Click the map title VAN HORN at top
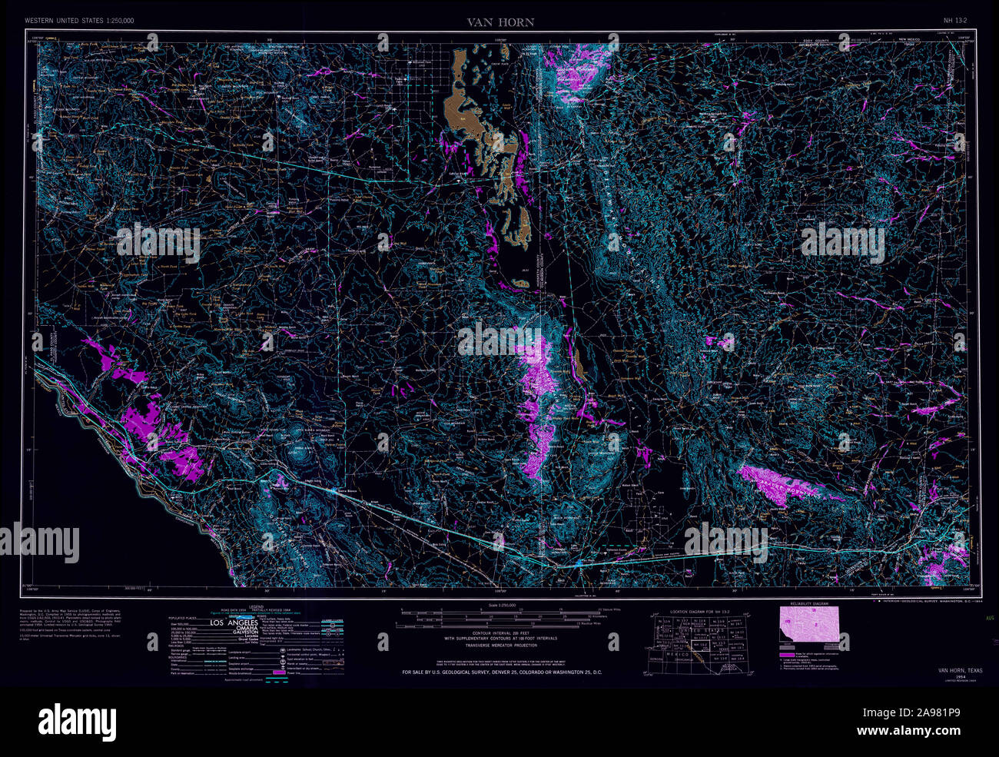[x=500, y=22]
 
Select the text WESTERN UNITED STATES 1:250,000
[x=80, y=22]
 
